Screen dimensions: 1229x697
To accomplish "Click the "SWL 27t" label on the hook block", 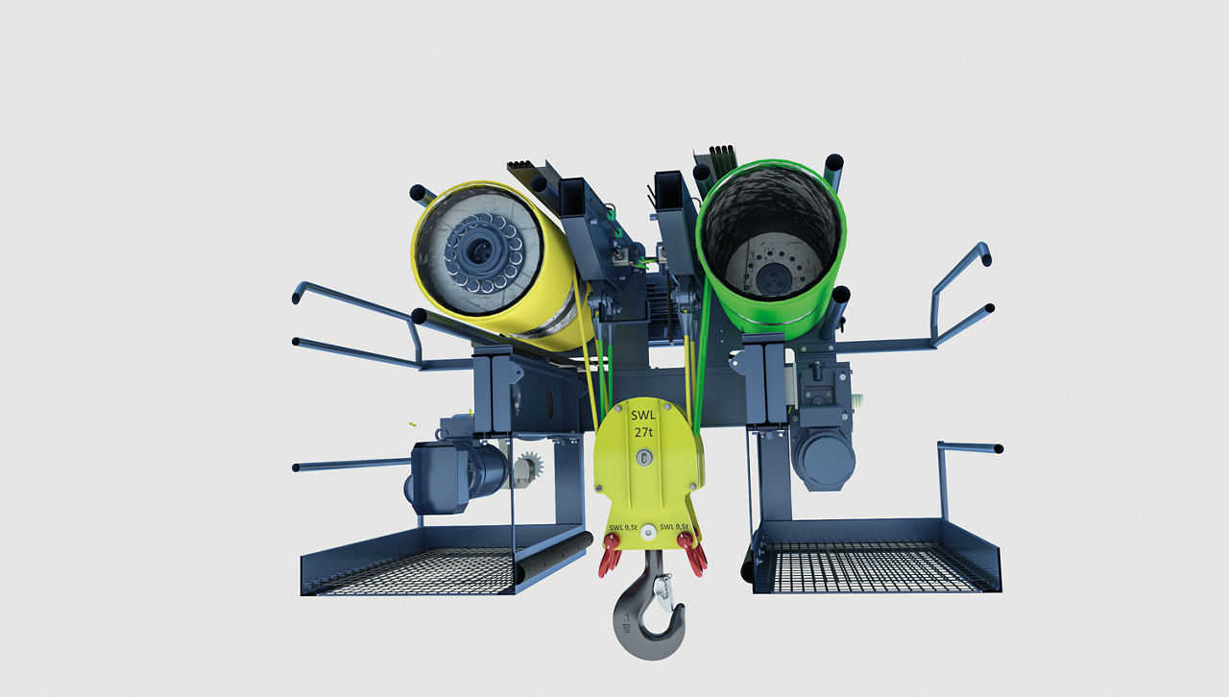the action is coord(643,423).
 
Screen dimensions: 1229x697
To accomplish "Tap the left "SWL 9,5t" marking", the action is coord(623,528).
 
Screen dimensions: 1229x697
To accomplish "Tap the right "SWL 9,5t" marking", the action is coord(674,527).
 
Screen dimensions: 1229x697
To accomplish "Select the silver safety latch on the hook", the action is coord(664,591).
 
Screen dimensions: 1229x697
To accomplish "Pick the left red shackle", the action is coord(611,554).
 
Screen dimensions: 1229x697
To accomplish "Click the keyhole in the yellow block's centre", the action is coord(644,457).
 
